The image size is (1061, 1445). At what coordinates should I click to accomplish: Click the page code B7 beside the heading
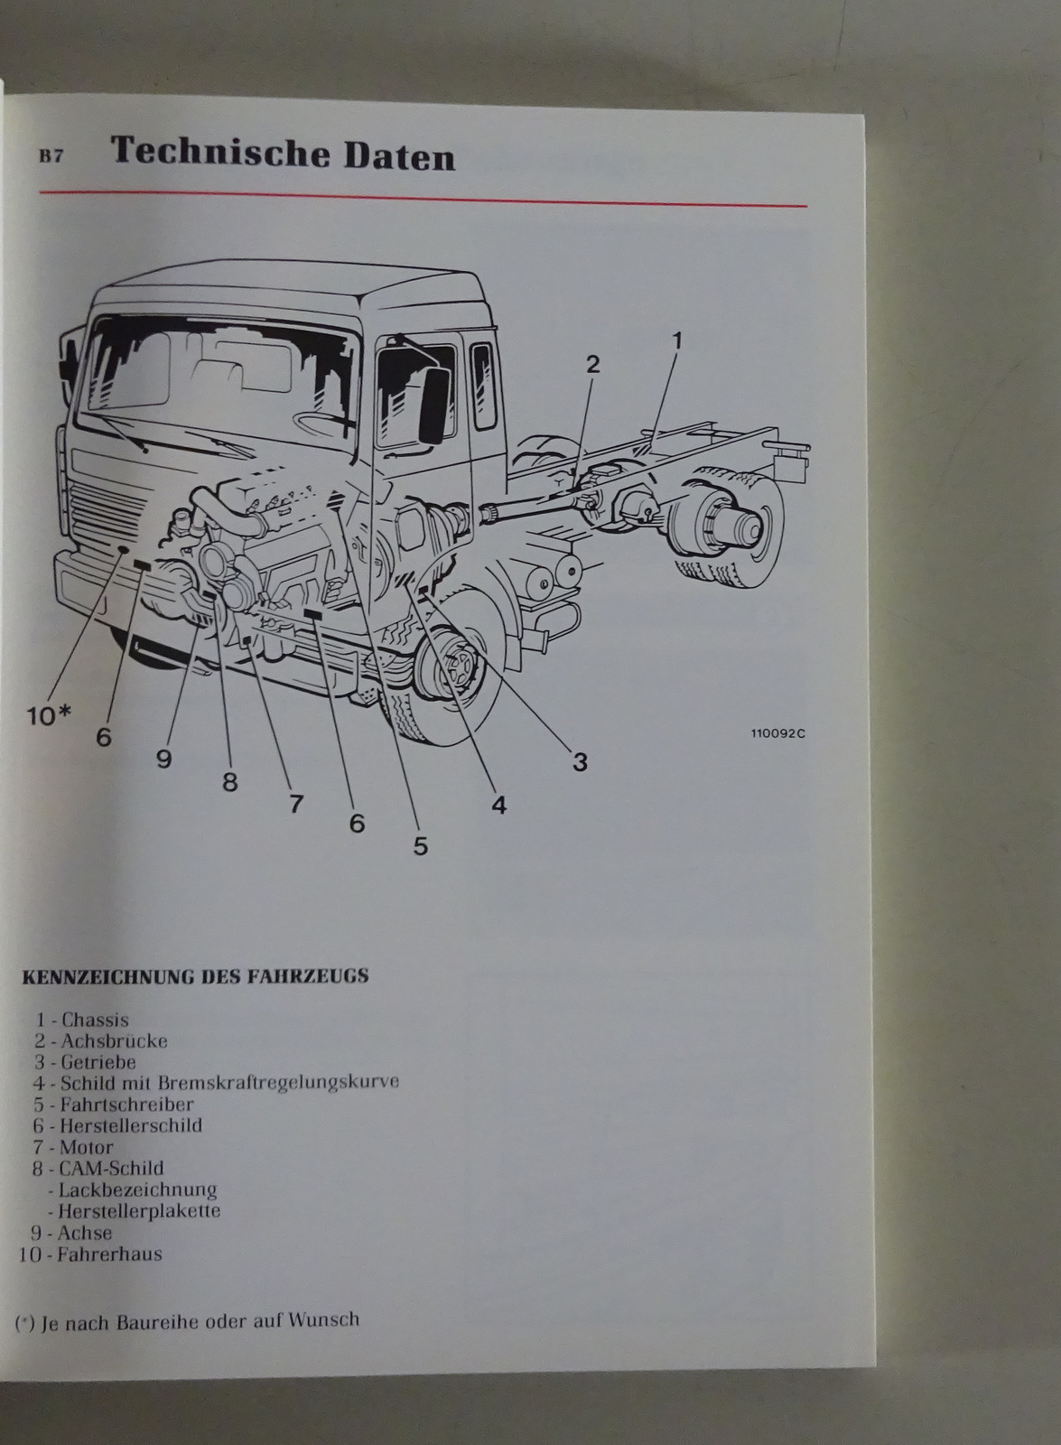[x=51, y=156]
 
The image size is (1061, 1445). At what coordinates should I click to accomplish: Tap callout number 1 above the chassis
[x=676, y=340]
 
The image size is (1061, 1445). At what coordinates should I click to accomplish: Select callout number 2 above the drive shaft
[x=592, y=364]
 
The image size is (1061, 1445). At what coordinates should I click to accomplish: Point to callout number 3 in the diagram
[x=580, y=762]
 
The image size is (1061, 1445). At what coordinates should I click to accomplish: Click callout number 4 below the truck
[x=499, y=804]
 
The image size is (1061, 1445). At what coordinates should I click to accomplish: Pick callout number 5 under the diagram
[x=420, y=846]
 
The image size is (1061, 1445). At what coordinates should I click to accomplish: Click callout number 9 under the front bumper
[x=163, y=759]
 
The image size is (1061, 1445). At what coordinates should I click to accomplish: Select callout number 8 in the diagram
[x=229, y=782]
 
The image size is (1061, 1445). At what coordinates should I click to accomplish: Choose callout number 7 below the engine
[x=296, y=803]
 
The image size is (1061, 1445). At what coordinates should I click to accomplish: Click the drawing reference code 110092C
[x=777, y=733]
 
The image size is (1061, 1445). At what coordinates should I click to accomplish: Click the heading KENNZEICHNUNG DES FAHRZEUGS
[x=194, y=976]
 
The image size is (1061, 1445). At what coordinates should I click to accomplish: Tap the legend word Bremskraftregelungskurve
[x=278, y=1082]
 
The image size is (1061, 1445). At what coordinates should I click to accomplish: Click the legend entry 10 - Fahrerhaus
[x=90, y=1254]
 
